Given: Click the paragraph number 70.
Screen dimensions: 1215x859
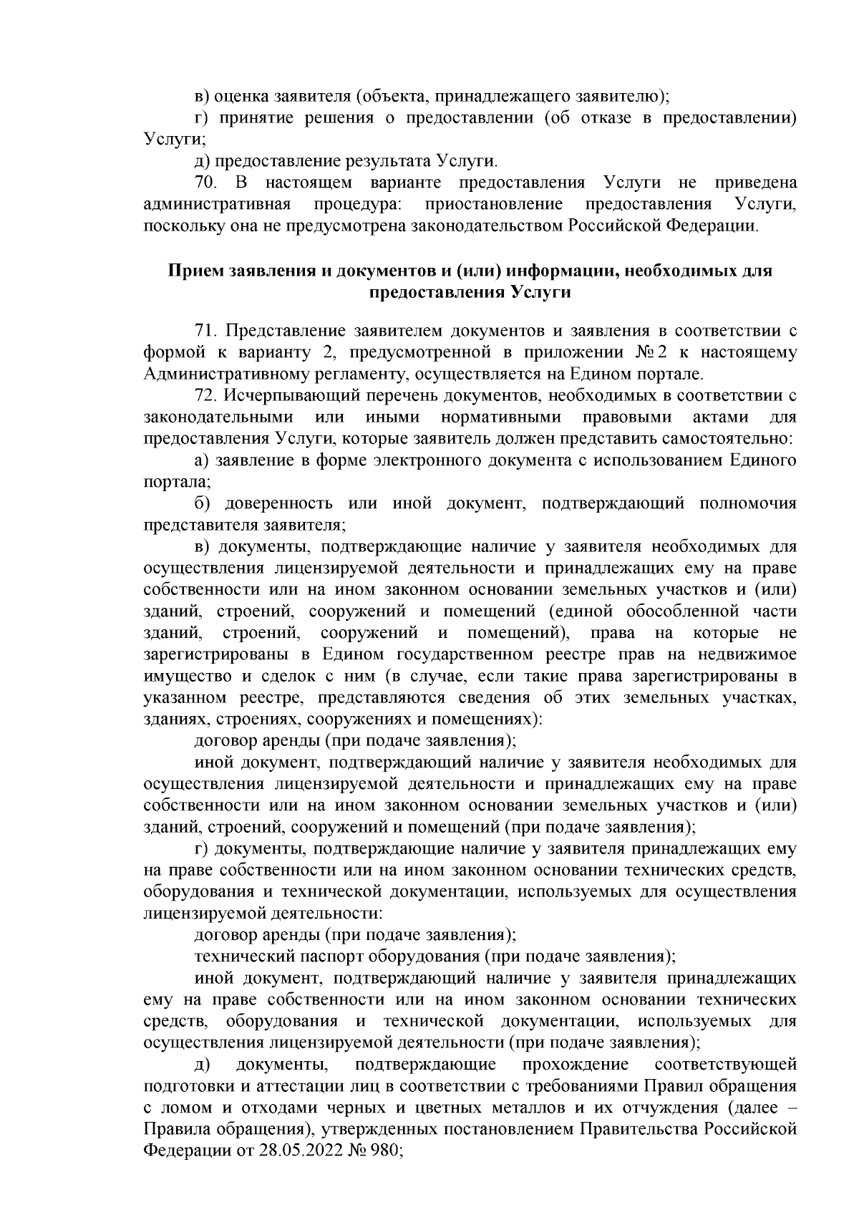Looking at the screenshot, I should coord(207,182).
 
